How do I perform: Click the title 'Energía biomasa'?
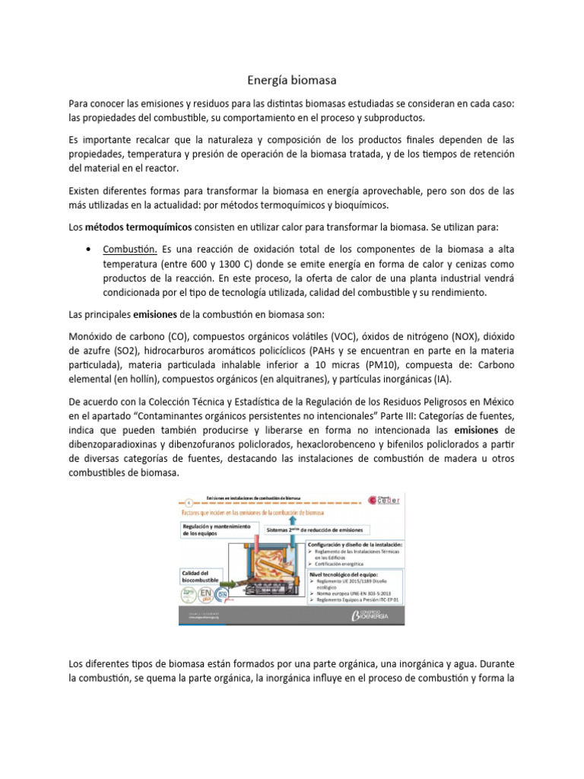tap(292, 79)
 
